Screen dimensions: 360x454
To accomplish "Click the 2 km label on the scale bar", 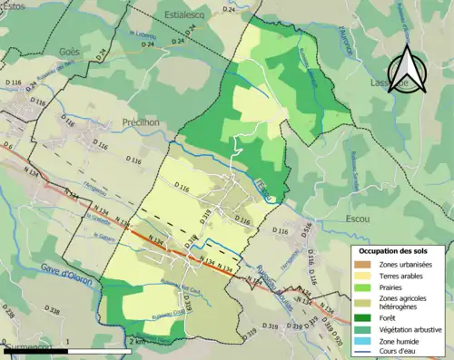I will [x=138, y=343].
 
